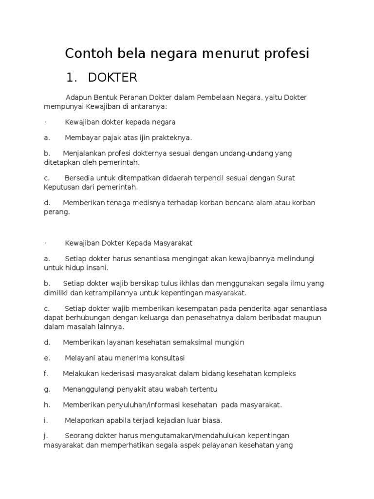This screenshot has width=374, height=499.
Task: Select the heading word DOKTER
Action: (112, 77)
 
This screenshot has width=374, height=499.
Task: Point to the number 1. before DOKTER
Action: (72, 77)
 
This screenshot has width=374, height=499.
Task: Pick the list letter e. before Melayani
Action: (47, 358)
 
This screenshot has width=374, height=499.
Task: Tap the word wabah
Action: (165, 389)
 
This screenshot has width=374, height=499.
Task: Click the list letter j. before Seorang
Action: (45, 435)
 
